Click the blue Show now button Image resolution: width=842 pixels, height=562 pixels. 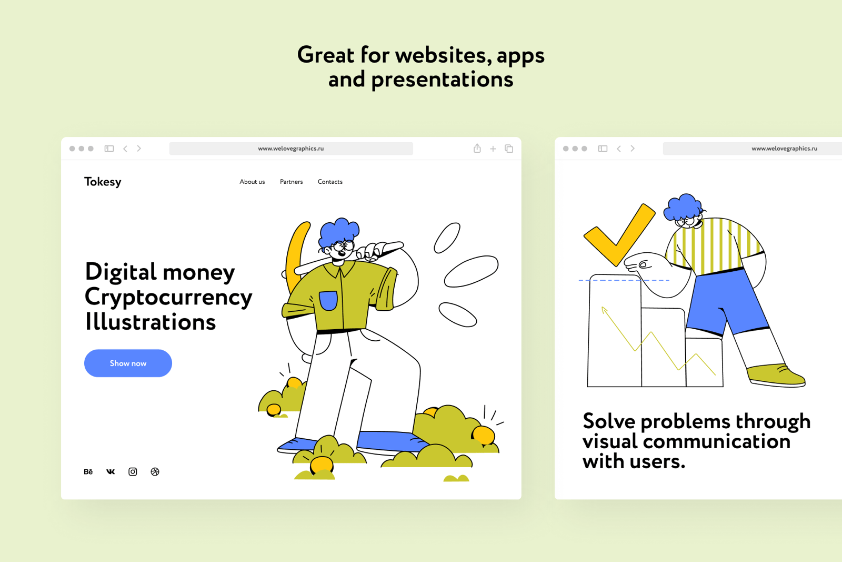128,363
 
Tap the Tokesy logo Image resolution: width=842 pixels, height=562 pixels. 103,182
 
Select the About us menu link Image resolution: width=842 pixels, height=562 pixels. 252,182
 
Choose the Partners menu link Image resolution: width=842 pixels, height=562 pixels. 292,182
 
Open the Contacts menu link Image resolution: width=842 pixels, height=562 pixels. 330,182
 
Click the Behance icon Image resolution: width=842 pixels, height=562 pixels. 88,472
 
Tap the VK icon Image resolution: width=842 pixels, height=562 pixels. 111,472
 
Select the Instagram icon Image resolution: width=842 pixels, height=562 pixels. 133,472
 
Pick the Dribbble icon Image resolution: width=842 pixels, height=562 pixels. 155,472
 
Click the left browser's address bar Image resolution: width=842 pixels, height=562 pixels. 291,149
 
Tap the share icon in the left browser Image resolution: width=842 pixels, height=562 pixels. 477,148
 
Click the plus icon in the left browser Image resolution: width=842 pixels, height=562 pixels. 493,149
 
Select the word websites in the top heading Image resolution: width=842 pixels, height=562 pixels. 444,55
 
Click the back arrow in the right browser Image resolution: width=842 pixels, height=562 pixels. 619,149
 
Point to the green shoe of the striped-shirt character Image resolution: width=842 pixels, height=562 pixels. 776,375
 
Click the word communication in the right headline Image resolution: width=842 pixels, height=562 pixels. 717,441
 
